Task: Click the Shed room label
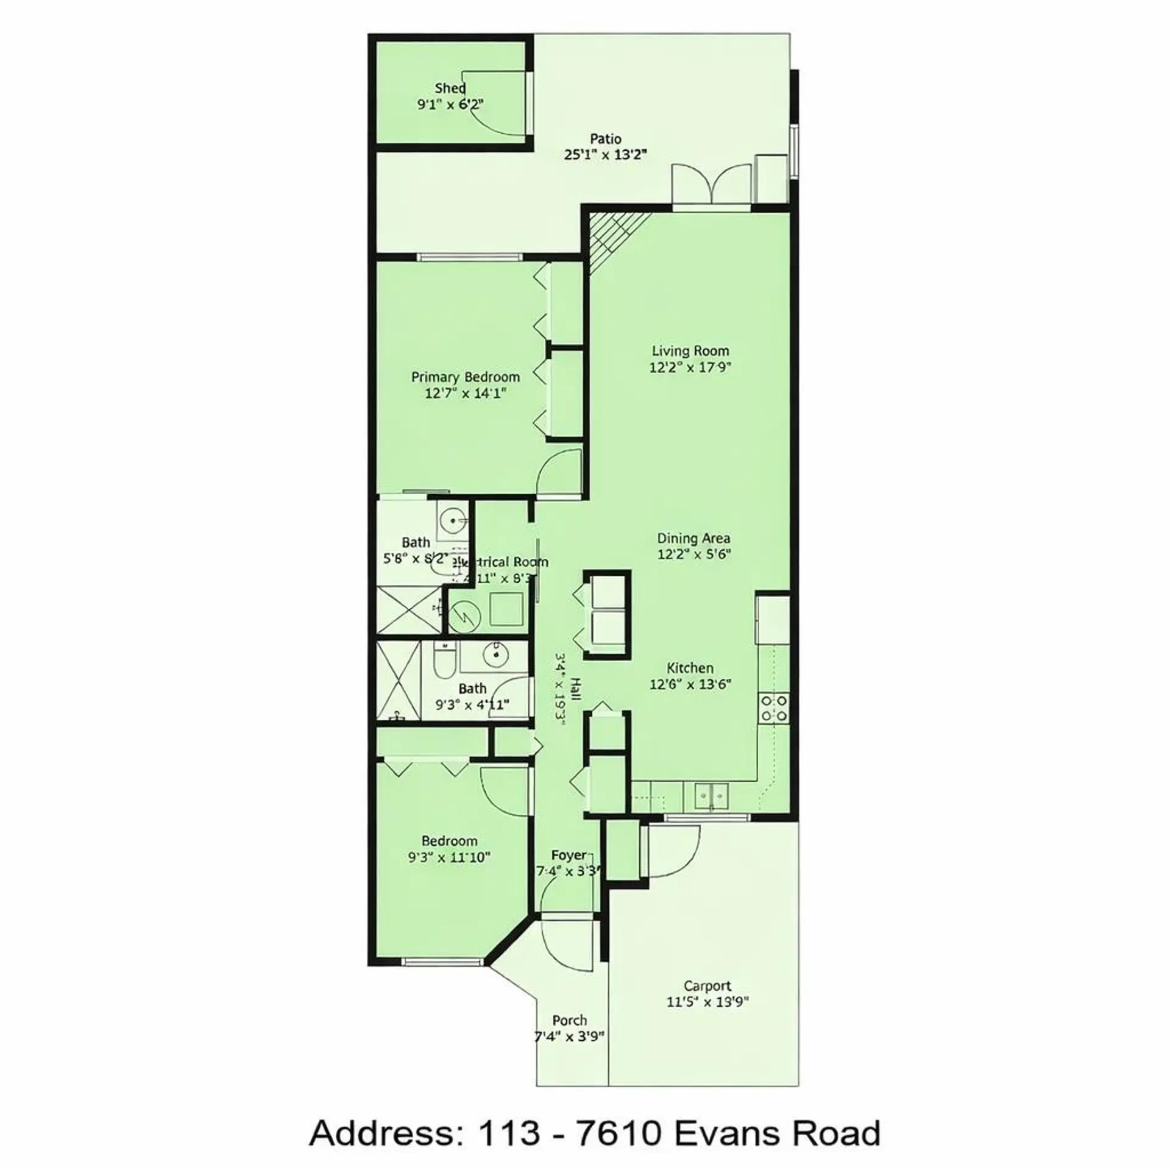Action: [x=450, y=88]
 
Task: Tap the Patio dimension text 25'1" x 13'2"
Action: [x=604, y=155]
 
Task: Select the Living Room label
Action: [x=690, y=351]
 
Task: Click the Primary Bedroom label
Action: [x=466, y=377]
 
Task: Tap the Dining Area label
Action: [x=693, y=539]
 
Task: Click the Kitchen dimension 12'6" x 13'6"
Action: [x=690, y=684]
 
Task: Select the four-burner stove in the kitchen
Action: [x=773, y=709]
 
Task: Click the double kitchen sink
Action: [x=712, y=795]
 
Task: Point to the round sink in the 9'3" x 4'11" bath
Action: [x=495, y=654]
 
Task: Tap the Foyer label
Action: [x=569, y=856]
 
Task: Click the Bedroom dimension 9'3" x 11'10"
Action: [x=449, y=857]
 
